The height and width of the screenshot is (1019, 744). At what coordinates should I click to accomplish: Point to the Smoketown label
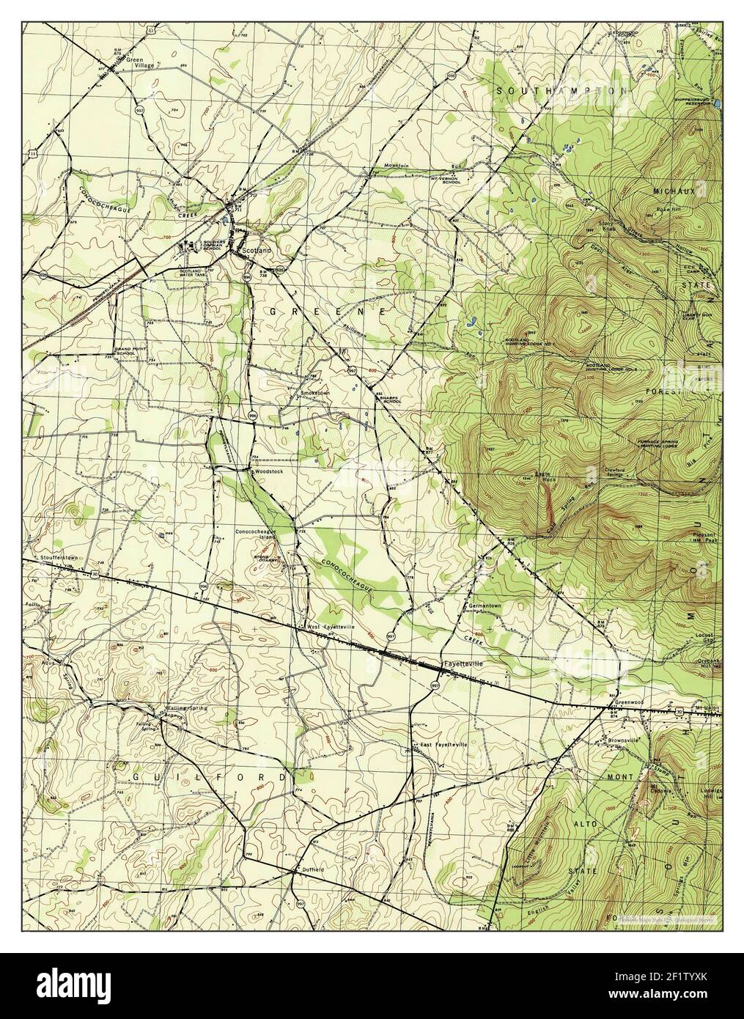pyautogui.click(x=316, y=393)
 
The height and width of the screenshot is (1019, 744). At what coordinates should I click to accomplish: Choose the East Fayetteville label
pyautogui.click(x=443, y=745)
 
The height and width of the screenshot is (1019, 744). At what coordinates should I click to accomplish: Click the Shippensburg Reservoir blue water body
pyautogui.click(x=716, y=103)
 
